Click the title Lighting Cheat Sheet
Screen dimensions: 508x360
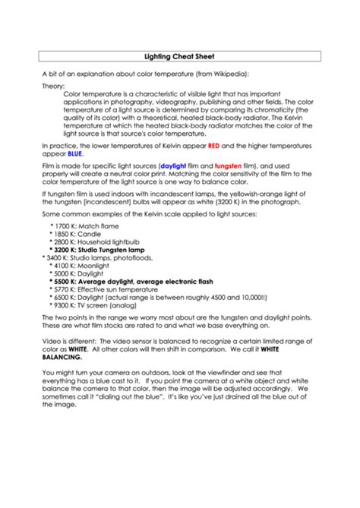tap(179, 56)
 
